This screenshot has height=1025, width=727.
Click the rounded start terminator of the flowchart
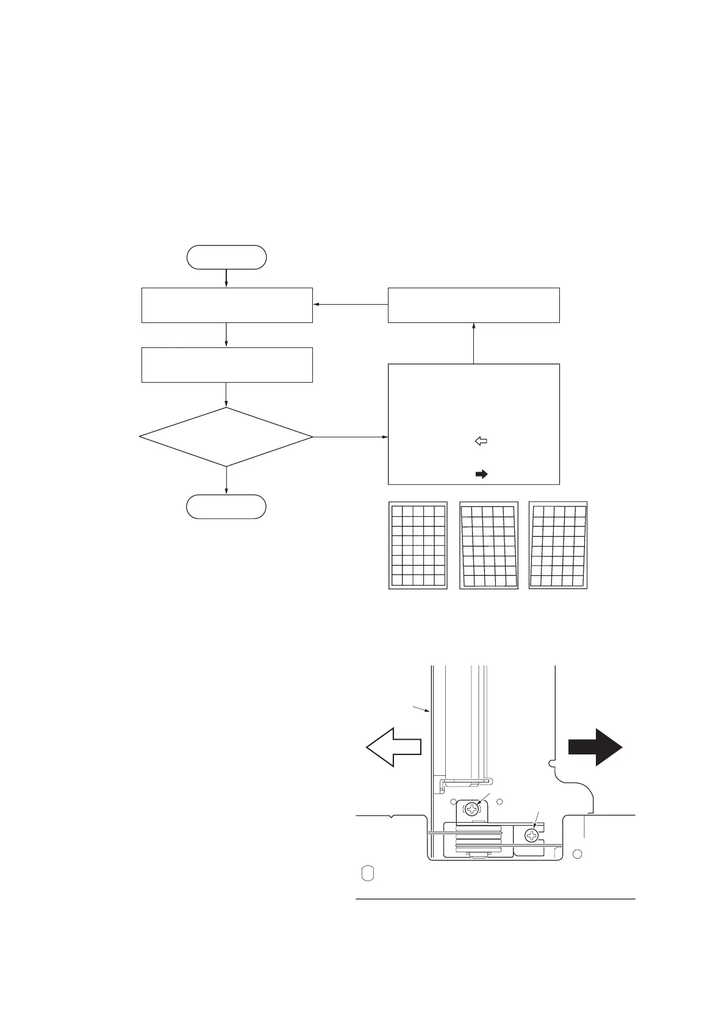[x=226, y=257]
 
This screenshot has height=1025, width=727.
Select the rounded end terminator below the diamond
[x=226, y=506]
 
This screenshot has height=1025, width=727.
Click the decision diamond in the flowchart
[x=226, y=437]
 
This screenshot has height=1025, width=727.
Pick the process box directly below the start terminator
[x=227, y=305]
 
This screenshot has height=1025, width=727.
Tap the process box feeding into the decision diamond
[x=227, y=365]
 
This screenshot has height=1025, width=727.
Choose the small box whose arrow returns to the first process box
[x=474, y=305]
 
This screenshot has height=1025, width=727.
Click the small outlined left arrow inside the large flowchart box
[x=481, y=441]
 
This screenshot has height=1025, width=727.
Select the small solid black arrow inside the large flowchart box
[x=481, y=474]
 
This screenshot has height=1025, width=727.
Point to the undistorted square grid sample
[x=418, y=545]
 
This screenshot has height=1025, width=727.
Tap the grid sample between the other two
[x=489, y=546]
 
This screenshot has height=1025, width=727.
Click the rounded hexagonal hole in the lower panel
[x=368, y=873]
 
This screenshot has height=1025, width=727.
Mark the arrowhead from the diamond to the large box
[x=385, y=437]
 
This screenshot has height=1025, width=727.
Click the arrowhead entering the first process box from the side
[x=317, y=305]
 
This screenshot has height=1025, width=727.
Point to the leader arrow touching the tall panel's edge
[x=429, y=711]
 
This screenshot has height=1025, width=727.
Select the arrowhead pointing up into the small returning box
[x=474, y=326]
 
